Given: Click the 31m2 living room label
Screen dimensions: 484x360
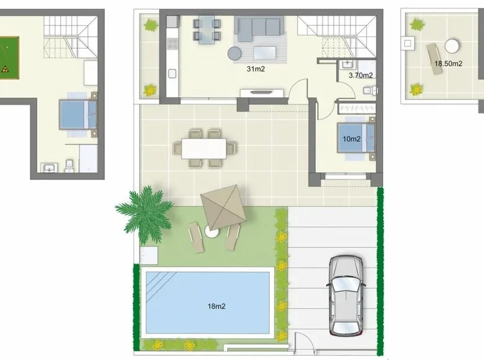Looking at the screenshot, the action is pyautogui.click(x=256, y=69).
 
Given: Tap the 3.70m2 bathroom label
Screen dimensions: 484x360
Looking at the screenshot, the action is pyautogui.click(x=361, y=75).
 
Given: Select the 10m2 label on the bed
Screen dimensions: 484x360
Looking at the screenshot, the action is pyautogui.click(x=352, y=139).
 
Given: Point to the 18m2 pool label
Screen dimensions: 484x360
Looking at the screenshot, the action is pyautogui.click(x=217, y=306).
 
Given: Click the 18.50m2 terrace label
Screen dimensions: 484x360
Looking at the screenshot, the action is pyautogui.click(x=448, y=63).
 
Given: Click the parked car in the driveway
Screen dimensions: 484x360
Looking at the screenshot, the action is pyautogui.click(x=346, y=295).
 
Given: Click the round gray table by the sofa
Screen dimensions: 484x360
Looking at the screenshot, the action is pyautogui.click(x=235, y=53).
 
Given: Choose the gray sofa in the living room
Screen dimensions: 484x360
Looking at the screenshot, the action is pyautogui.click(x=259, y=26).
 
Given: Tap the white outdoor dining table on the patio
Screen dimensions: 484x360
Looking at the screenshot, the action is pyautogui.click(x=204, y=148).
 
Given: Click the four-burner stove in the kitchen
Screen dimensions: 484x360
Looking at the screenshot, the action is pyautogui.click(x=173, y=43).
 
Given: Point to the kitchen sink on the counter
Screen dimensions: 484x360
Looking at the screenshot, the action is pyautogui.click(x=172, y=74).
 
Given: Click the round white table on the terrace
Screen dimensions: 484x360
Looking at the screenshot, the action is pyautogui.click(x=452, y=46).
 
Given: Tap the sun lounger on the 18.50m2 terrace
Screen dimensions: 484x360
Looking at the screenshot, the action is pyautogui.click(x=434, y=59).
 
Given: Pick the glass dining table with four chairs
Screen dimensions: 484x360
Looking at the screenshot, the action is pyautogui.click(x=207, y=30).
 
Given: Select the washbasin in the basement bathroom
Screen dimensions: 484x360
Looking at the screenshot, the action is pyautogui.click(x=49, y=168).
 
